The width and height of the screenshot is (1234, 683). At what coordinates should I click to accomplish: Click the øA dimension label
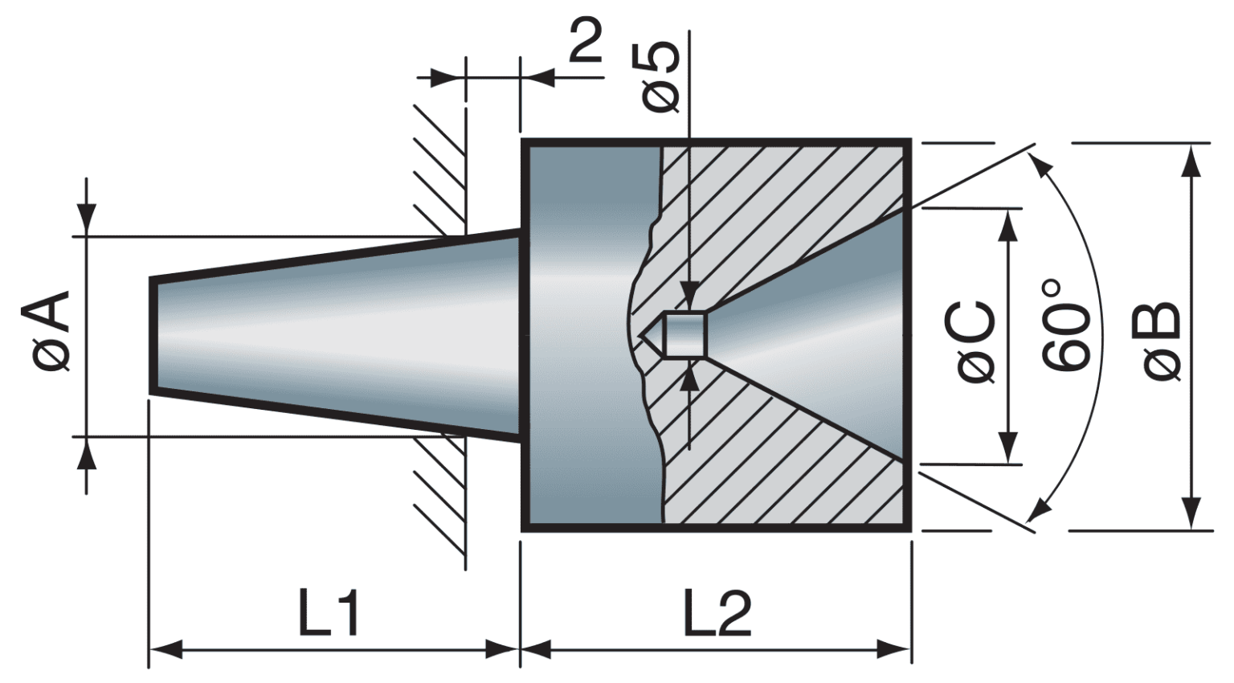[x=51, y=332]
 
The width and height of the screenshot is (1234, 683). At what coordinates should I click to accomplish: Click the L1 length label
[x=329, y=613]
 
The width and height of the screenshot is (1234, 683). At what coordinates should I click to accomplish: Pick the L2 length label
[x=717, y=613]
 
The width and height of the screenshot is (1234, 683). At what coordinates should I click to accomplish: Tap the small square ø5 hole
[x=687, y=333]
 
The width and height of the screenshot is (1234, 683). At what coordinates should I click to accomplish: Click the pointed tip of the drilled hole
[x=642, y=334]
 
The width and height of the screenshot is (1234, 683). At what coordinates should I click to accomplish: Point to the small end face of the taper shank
[x=151, y=335]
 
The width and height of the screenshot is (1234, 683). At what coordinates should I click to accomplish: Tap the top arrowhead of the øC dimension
[x=1007, y=225]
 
